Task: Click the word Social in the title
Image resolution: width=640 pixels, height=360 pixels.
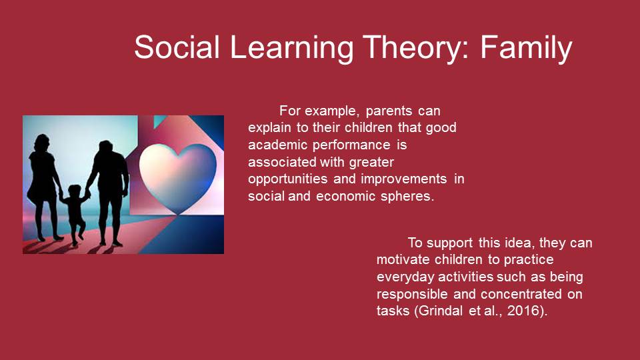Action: [177, 47]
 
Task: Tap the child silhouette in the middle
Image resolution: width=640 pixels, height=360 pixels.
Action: [74, 214]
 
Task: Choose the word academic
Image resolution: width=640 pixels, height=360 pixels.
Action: [277, 145]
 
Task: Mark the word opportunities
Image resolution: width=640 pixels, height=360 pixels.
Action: [288, 179]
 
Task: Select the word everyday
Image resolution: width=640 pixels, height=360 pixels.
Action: [405, 277]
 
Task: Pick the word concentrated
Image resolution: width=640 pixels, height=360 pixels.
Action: [521, 294]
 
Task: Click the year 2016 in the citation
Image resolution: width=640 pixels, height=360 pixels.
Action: [524, 311]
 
